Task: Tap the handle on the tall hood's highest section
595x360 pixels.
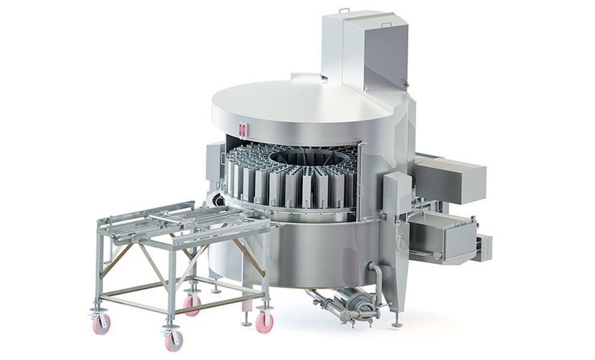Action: [344, 10]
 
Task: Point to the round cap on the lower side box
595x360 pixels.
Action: [436, 254]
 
